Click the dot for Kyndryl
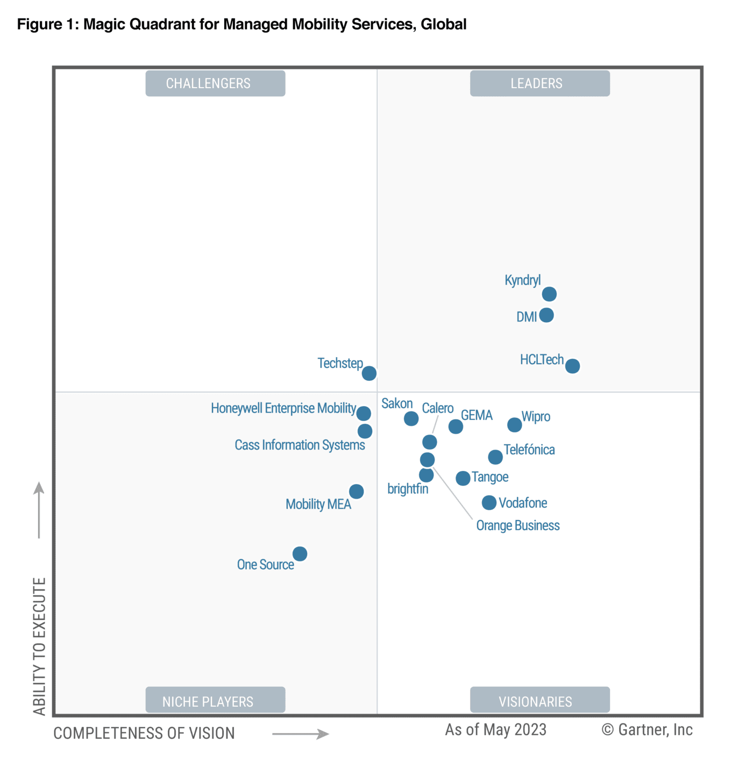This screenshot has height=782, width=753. (x=549, y=294)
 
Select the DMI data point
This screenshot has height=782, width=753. (x=546, y=315)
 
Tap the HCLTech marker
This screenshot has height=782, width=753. (x=573, y=366)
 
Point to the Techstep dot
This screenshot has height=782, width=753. (x=369, y=373)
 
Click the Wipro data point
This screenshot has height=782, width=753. (x=515, y=425)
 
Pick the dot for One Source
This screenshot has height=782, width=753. (x=300, y=554)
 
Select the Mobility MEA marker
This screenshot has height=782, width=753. (x=357, y=492)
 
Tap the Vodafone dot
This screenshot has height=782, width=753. (x=489, y=503)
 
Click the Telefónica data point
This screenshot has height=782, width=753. (x=495, y=457)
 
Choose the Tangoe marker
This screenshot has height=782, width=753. (x=463, y=478)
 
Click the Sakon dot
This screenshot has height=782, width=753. (x=411, y=418)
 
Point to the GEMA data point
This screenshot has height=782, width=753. (x=456, y=426)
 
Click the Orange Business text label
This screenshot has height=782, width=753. (x=518, y=525)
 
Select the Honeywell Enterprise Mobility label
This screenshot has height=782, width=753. (x=283, y=408)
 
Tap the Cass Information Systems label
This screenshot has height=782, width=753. (x=300, y=445)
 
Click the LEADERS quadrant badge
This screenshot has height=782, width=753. (x=539, y=83)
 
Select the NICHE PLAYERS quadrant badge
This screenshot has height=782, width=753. (x=215, y=700)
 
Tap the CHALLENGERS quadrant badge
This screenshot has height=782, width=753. (x=215, y=83)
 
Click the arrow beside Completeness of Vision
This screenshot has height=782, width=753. (x=301, y=734)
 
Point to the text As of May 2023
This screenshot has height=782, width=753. (x=495, y=730)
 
